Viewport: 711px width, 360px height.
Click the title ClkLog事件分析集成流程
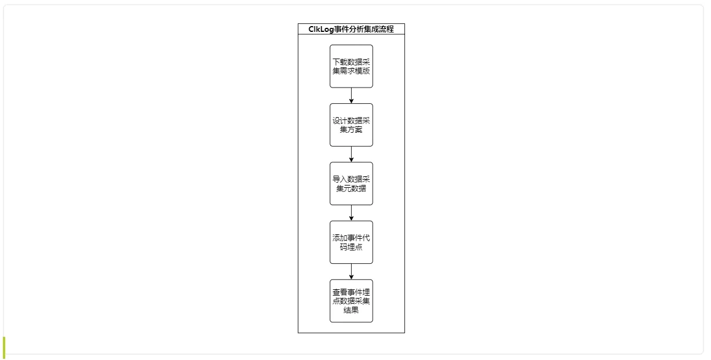tap(351, 29)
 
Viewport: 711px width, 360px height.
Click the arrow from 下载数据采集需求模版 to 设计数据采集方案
tap(351, 96)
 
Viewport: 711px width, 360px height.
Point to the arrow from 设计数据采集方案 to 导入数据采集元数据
tap(351, 154)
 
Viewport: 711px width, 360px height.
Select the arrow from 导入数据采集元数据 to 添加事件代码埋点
tap(351, 213)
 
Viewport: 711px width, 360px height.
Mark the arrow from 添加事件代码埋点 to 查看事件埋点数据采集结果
tap(351, 272)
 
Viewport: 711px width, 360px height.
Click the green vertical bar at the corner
tap(4, 347)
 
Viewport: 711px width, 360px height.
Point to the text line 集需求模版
tap(351, 71)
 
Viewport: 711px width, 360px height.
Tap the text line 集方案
tap(351, 130)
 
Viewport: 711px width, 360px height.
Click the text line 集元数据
tap(351, 188)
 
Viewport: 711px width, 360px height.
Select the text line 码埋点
tap(351, 247)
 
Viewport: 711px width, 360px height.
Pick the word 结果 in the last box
tap(351, 310)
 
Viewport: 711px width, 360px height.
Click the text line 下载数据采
tap(351, 62)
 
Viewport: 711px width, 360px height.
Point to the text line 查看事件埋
tap(351, 292)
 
